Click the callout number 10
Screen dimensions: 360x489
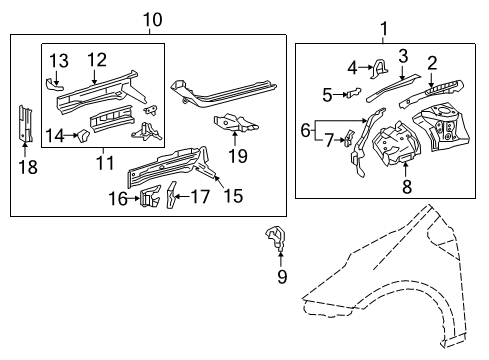click(x=151, y=18)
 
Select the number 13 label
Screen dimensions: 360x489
click(x=58, y=61)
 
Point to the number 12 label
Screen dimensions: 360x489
click(x=96, y=59)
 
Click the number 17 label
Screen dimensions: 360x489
click(x=202, y=198)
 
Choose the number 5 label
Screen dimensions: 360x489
click(x=328, y=96)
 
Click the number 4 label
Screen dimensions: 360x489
click(x=352, y=68)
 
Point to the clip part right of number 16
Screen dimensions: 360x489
click(x=150, y=197)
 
